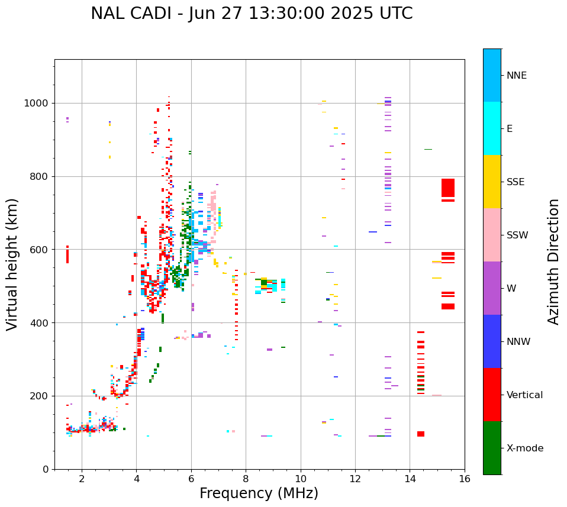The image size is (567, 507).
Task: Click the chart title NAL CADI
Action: point(252,14)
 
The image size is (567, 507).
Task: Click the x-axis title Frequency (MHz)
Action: point(259,493)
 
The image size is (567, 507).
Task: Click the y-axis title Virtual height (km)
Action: point(12,264)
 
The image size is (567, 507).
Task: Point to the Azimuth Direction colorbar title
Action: point(553,261)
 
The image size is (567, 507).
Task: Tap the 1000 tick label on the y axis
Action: point(37,104)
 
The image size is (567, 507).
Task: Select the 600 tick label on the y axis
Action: point(40,250)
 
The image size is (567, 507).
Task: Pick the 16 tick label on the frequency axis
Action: point(465,479)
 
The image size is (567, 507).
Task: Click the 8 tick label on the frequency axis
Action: point(246,479)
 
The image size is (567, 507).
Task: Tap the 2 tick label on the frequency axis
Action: point(82,479)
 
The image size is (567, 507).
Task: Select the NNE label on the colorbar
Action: point(516,76)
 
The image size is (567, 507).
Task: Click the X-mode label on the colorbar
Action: point(524,448)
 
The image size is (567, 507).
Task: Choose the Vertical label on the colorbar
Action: point(524,395)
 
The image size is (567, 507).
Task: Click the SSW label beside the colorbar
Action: point(517,235)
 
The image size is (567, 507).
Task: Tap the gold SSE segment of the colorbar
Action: point(492,182)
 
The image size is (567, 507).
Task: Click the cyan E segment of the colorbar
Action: point(492,128)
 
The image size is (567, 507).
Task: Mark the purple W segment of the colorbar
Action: point(492,288)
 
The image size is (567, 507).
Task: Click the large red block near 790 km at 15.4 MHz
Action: point(448,188)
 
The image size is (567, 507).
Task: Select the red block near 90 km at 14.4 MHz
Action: point(421,434)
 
